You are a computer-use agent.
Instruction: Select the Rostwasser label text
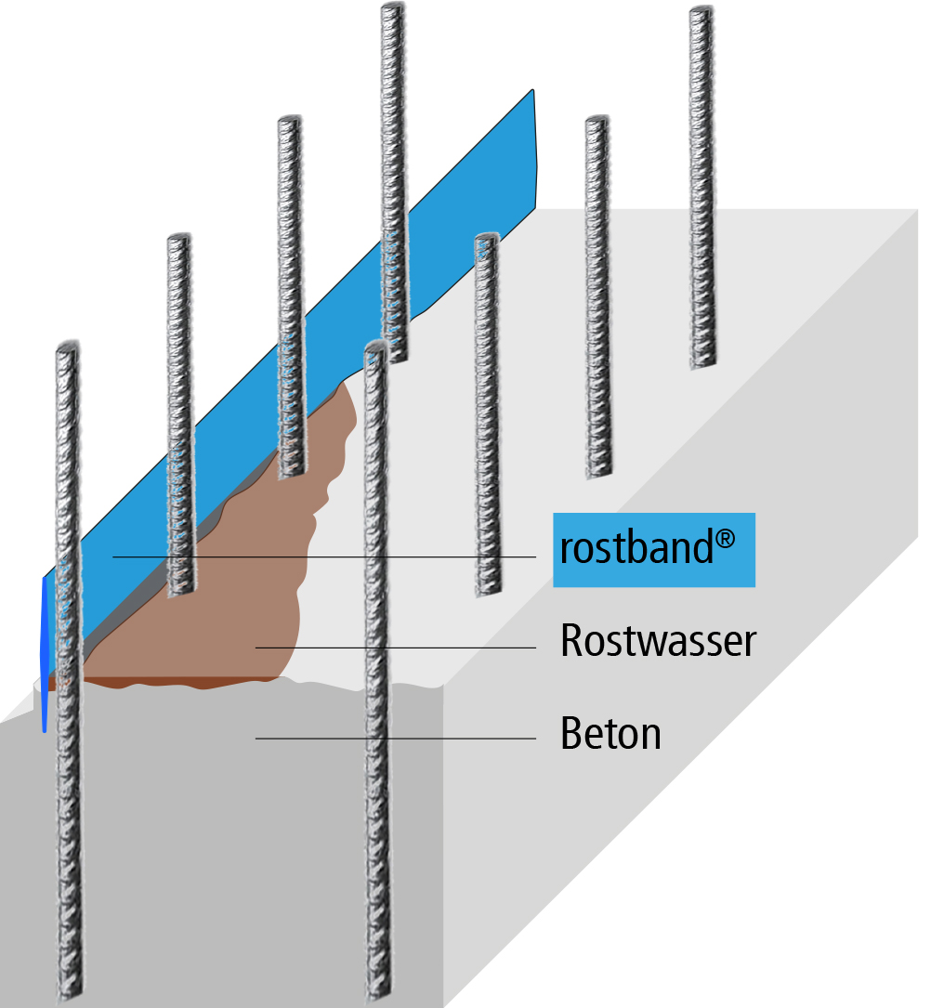tap(658, 641)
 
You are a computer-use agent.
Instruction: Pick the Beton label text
tap(610, 734)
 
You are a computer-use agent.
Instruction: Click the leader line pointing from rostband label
tap(325, 557)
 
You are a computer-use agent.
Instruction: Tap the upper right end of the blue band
tap(531, 93)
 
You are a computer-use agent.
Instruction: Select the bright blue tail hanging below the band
tap(44, 650)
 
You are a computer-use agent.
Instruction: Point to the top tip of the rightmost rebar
tap(701, 10)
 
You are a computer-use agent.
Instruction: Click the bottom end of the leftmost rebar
tap(72, 994)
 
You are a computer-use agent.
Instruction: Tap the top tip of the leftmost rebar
tap(66, 348)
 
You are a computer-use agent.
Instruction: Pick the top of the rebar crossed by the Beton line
tap(375, 345)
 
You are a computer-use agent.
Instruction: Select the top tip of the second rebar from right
tap(597, 121)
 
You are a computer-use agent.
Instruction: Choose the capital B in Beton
tap(570, 734)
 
